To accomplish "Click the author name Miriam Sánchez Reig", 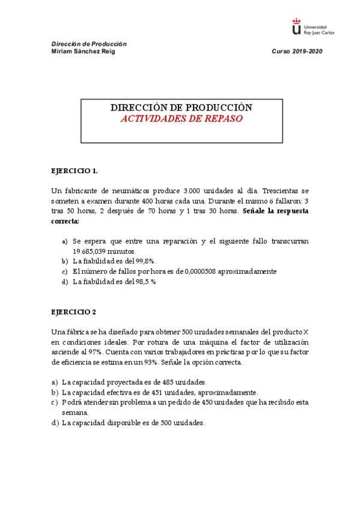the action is (x=83, y=51).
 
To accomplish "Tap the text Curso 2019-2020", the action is (x=297, y=51).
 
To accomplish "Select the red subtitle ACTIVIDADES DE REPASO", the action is (x=182, y=118).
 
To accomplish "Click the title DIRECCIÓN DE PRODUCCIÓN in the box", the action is (x=182, y=108).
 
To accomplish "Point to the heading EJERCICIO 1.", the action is (x=75, y=171).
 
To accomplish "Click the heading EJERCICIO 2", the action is (x=74, y=312).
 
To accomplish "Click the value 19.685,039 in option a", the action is (x=90, y=251).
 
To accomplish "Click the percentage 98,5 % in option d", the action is (x=145, y=281).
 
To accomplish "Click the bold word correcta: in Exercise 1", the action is (x=66, y=221).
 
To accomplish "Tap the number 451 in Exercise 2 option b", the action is (x=153, y=392).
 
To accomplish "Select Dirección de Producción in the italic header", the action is (x=89, y=44).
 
